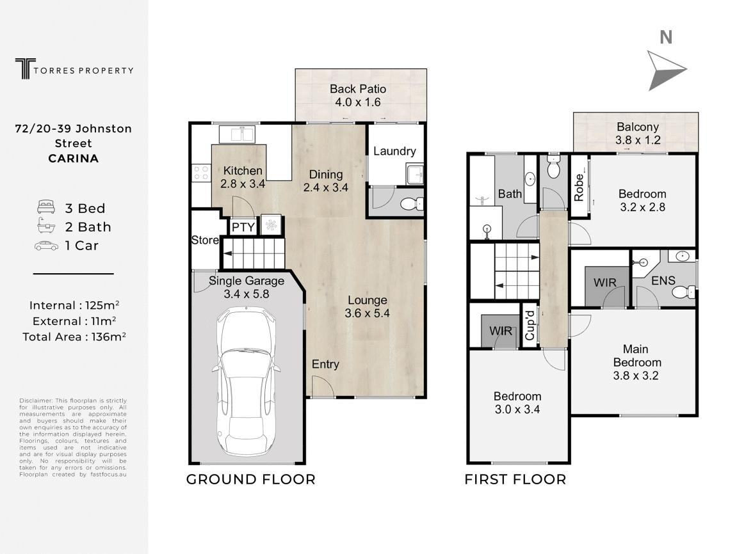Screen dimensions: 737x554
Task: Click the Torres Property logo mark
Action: coord(26,68)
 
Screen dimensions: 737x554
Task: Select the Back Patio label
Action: coord(358,89)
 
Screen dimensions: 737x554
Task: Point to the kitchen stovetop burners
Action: coord(201,173)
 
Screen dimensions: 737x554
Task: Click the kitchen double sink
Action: coord(237,134)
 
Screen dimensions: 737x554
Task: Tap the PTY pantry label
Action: coord(243,228)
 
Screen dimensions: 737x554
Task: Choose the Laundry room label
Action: coord(394,151)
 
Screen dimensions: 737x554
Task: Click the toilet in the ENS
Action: coord(683,292)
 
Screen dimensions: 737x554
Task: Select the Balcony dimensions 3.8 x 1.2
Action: coord(638,140)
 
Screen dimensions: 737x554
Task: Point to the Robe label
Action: coord(579,187)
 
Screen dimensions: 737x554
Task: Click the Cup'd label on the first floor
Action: coord(530,324)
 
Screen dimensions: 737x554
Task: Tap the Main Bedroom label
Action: coord(637,356)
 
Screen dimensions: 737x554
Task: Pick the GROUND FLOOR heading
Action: coord(251,479)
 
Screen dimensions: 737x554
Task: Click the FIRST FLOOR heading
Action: coord(515,479)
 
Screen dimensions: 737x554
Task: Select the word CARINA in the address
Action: coord(74,159)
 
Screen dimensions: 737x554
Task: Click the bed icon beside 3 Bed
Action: coord(46,207)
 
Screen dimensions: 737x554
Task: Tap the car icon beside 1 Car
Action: coord(46,246)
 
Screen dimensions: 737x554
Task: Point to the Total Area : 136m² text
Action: coord(74,336)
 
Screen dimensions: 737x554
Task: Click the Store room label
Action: coord(205,240)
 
